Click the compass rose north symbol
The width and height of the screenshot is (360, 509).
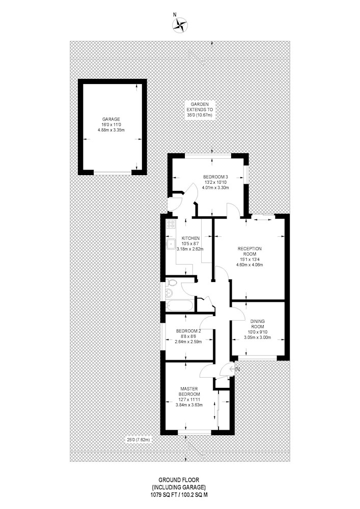(179, 24)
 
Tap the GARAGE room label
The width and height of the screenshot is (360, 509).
(111, 119)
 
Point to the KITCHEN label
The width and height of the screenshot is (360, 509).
(190, 238)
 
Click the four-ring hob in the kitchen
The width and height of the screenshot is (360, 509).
(171, 223)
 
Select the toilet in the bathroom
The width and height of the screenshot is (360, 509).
(171, 282)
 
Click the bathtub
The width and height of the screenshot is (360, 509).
(180, 306)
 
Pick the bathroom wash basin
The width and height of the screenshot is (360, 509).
(169, 293)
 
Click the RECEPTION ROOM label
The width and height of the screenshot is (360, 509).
(250, 251)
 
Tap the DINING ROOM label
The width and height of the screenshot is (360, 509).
(257, 324)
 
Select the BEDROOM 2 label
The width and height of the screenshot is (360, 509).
(188, 331)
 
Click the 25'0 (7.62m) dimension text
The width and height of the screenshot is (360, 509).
(139, 440)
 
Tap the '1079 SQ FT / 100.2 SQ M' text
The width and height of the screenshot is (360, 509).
(179, 495)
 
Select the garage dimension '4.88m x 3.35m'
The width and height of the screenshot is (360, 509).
(111, 130)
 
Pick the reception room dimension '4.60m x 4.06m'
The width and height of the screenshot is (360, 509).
(250, 265)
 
